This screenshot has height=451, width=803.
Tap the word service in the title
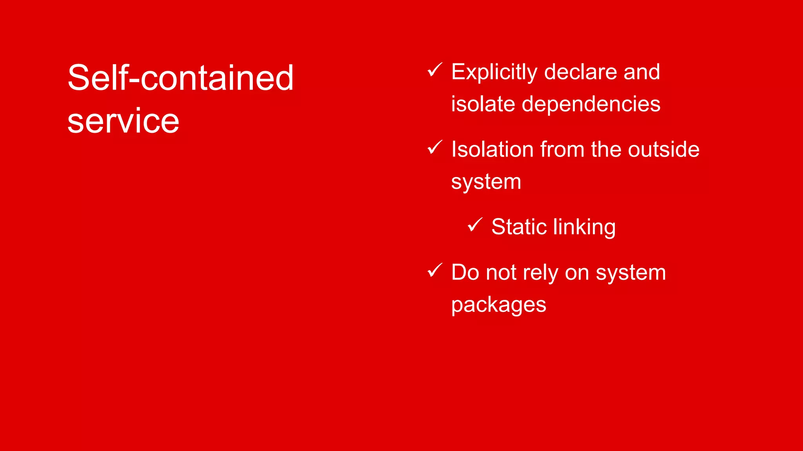tap(123, 121)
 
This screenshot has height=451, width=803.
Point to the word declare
tap(580, 72)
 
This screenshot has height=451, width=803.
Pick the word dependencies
tap(591, 104)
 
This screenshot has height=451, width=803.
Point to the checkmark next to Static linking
tap(475, 225)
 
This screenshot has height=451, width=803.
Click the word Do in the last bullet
tap(465, 272)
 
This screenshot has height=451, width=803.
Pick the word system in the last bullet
tap(630, 273)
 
